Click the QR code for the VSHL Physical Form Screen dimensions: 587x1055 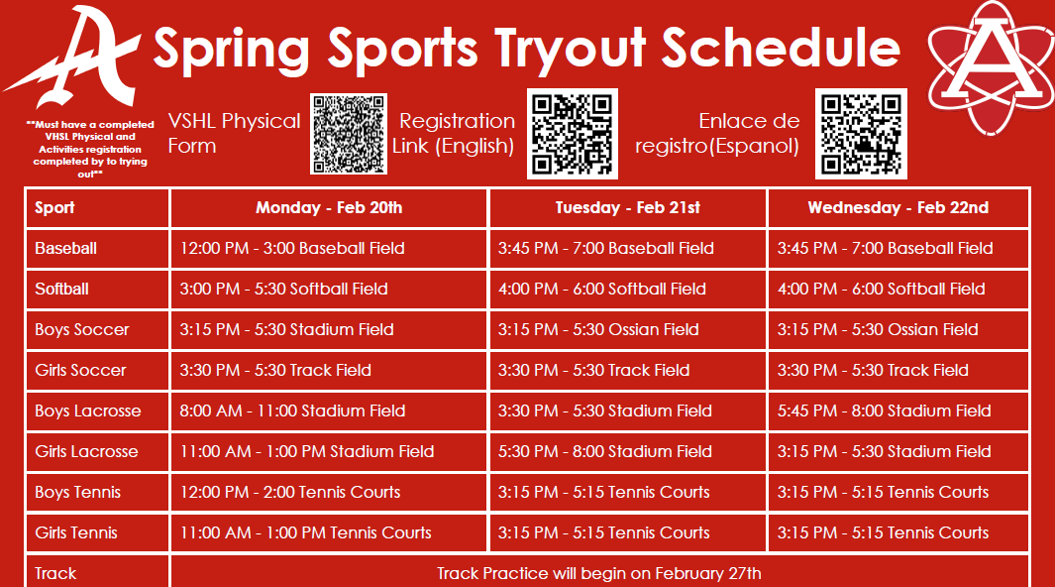349,134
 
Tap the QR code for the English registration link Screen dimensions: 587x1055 572,134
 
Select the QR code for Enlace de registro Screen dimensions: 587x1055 860,134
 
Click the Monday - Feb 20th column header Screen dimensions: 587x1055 329,208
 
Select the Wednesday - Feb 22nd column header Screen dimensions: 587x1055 897,208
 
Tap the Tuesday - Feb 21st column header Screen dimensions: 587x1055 627,208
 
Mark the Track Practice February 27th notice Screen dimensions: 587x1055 599,573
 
